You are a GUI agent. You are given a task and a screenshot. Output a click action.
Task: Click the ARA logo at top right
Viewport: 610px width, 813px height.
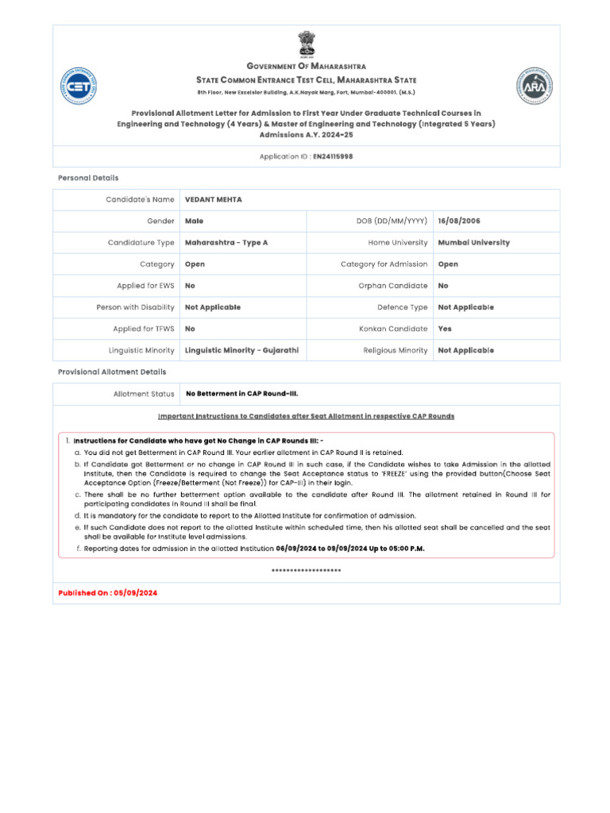(x=535, y=86)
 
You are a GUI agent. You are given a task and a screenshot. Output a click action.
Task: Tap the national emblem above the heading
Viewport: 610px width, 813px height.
(x=306, y=44)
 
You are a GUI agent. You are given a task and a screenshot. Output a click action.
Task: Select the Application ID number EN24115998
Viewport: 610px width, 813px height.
(x=333, y=156)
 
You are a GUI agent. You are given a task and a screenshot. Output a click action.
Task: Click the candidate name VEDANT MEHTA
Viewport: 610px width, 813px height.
(x=213, y=200)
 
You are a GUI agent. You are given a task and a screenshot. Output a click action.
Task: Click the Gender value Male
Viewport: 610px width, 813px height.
(x=194, y=222)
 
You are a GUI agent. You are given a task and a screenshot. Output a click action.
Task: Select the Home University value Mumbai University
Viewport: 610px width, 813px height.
(x=473, y=243)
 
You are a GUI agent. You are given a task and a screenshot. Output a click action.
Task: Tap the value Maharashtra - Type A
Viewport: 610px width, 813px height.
(x=226, y=243)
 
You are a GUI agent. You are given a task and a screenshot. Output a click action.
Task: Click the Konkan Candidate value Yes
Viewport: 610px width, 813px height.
(x=446, y=329)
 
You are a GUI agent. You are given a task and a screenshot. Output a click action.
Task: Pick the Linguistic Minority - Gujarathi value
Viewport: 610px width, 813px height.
(x=241, y=350)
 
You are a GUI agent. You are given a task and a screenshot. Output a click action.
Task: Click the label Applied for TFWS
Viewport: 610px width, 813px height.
(x=143, y=329)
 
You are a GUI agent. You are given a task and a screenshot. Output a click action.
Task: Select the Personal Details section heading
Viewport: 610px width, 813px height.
(x=88, y=178)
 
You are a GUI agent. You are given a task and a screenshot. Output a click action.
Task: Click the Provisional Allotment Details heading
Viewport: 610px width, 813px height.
(x=112, y=372)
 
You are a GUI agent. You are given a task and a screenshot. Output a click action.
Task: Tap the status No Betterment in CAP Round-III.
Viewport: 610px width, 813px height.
(x=241, y=394)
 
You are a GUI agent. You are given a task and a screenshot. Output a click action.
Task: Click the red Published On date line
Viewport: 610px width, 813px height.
(x=107, y=593)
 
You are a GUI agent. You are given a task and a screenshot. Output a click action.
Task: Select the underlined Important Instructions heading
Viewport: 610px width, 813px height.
(x=306, y=416)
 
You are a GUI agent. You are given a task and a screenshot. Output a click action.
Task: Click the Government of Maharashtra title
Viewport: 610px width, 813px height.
(x=306, y=67)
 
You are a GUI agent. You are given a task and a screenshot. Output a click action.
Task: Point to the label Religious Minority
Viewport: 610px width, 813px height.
(x=395, y=350)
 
